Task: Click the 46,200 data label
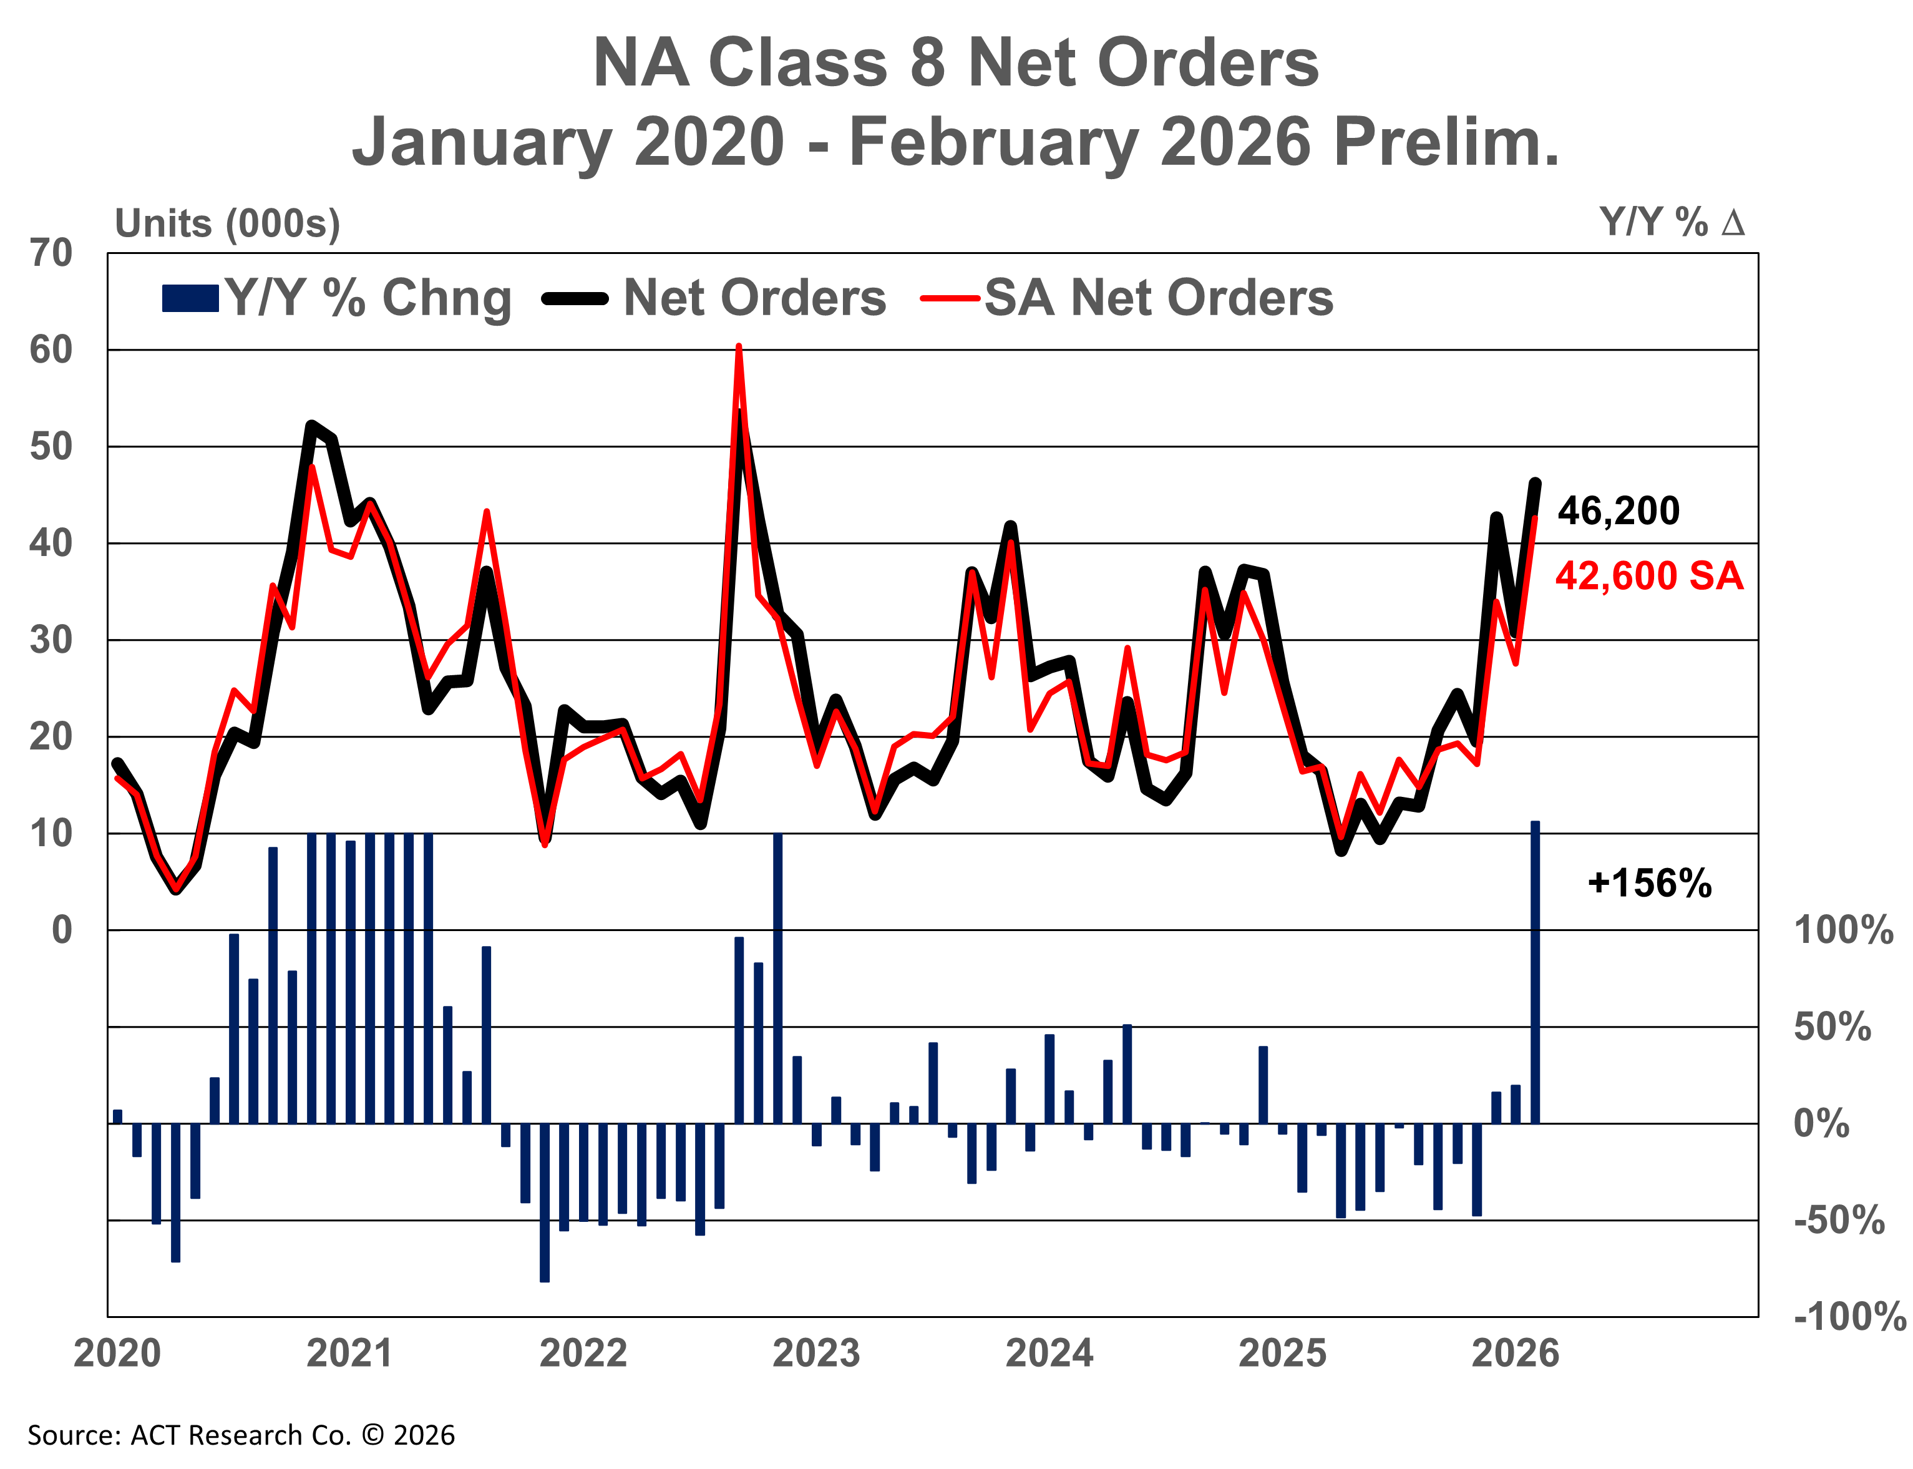pos(1619,510)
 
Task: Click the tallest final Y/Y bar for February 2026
pos(1534,970)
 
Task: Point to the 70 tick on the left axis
pos(51,253)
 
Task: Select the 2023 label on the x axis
pos(815,1354)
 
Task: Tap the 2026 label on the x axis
pos(1515,1354)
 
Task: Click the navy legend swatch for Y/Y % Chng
pos(190,298)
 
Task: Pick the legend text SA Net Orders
pos(1159,298)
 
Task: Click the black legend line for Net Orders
pos(575,299)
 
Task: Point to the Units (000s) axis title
pos(227,224)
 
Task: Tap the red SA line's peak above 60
pos(739,348)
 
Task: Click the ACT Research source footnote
pos(240,1435)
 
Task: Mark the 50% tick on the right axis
pos(1832,1027)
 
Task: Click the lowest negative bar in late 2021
pos(545,1203)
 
